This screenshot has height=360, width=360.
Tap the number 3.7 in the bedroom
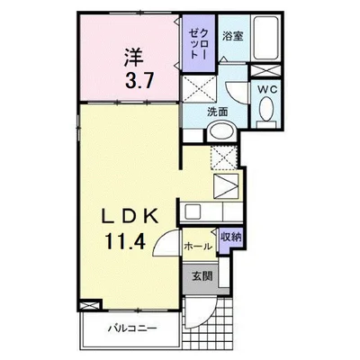pyautogui.click(x=139, y=80)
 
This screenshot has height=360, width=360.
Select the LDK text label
pyautogui.click(x=130, y=216)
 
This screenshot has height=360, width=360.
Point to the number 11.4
pyautogui.click(x=125, y=241)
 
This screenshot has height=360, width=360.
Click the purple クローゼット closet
pyautogui.click(x=199, y=43)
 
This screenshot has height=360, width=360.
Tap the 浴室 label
pyautogui.click(x=232, y=36)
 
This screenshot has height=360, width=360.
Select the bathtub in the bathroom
pyautogui.click(x=265, y=38)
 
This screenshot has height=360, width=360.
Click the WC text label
pyautogui.click(x=265, y=89)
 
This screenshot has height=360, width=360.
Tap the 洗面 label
pyautogui.click(x=218, y=112)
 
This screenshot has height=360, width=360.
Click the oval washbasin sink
pyautogui.click(x=221, y=132)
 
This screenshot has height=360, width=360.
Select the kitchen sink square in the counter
pyautogui.click(x=192, y=211)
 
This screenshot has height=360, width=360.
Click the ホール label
pyautogui.click(x=198, y=247)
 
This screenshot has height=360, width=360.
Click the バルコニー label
pyautogui.click(x=132, y=328)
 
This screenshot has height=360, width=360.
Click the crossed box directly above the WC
pyautogui.click(x=265, y=70)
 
